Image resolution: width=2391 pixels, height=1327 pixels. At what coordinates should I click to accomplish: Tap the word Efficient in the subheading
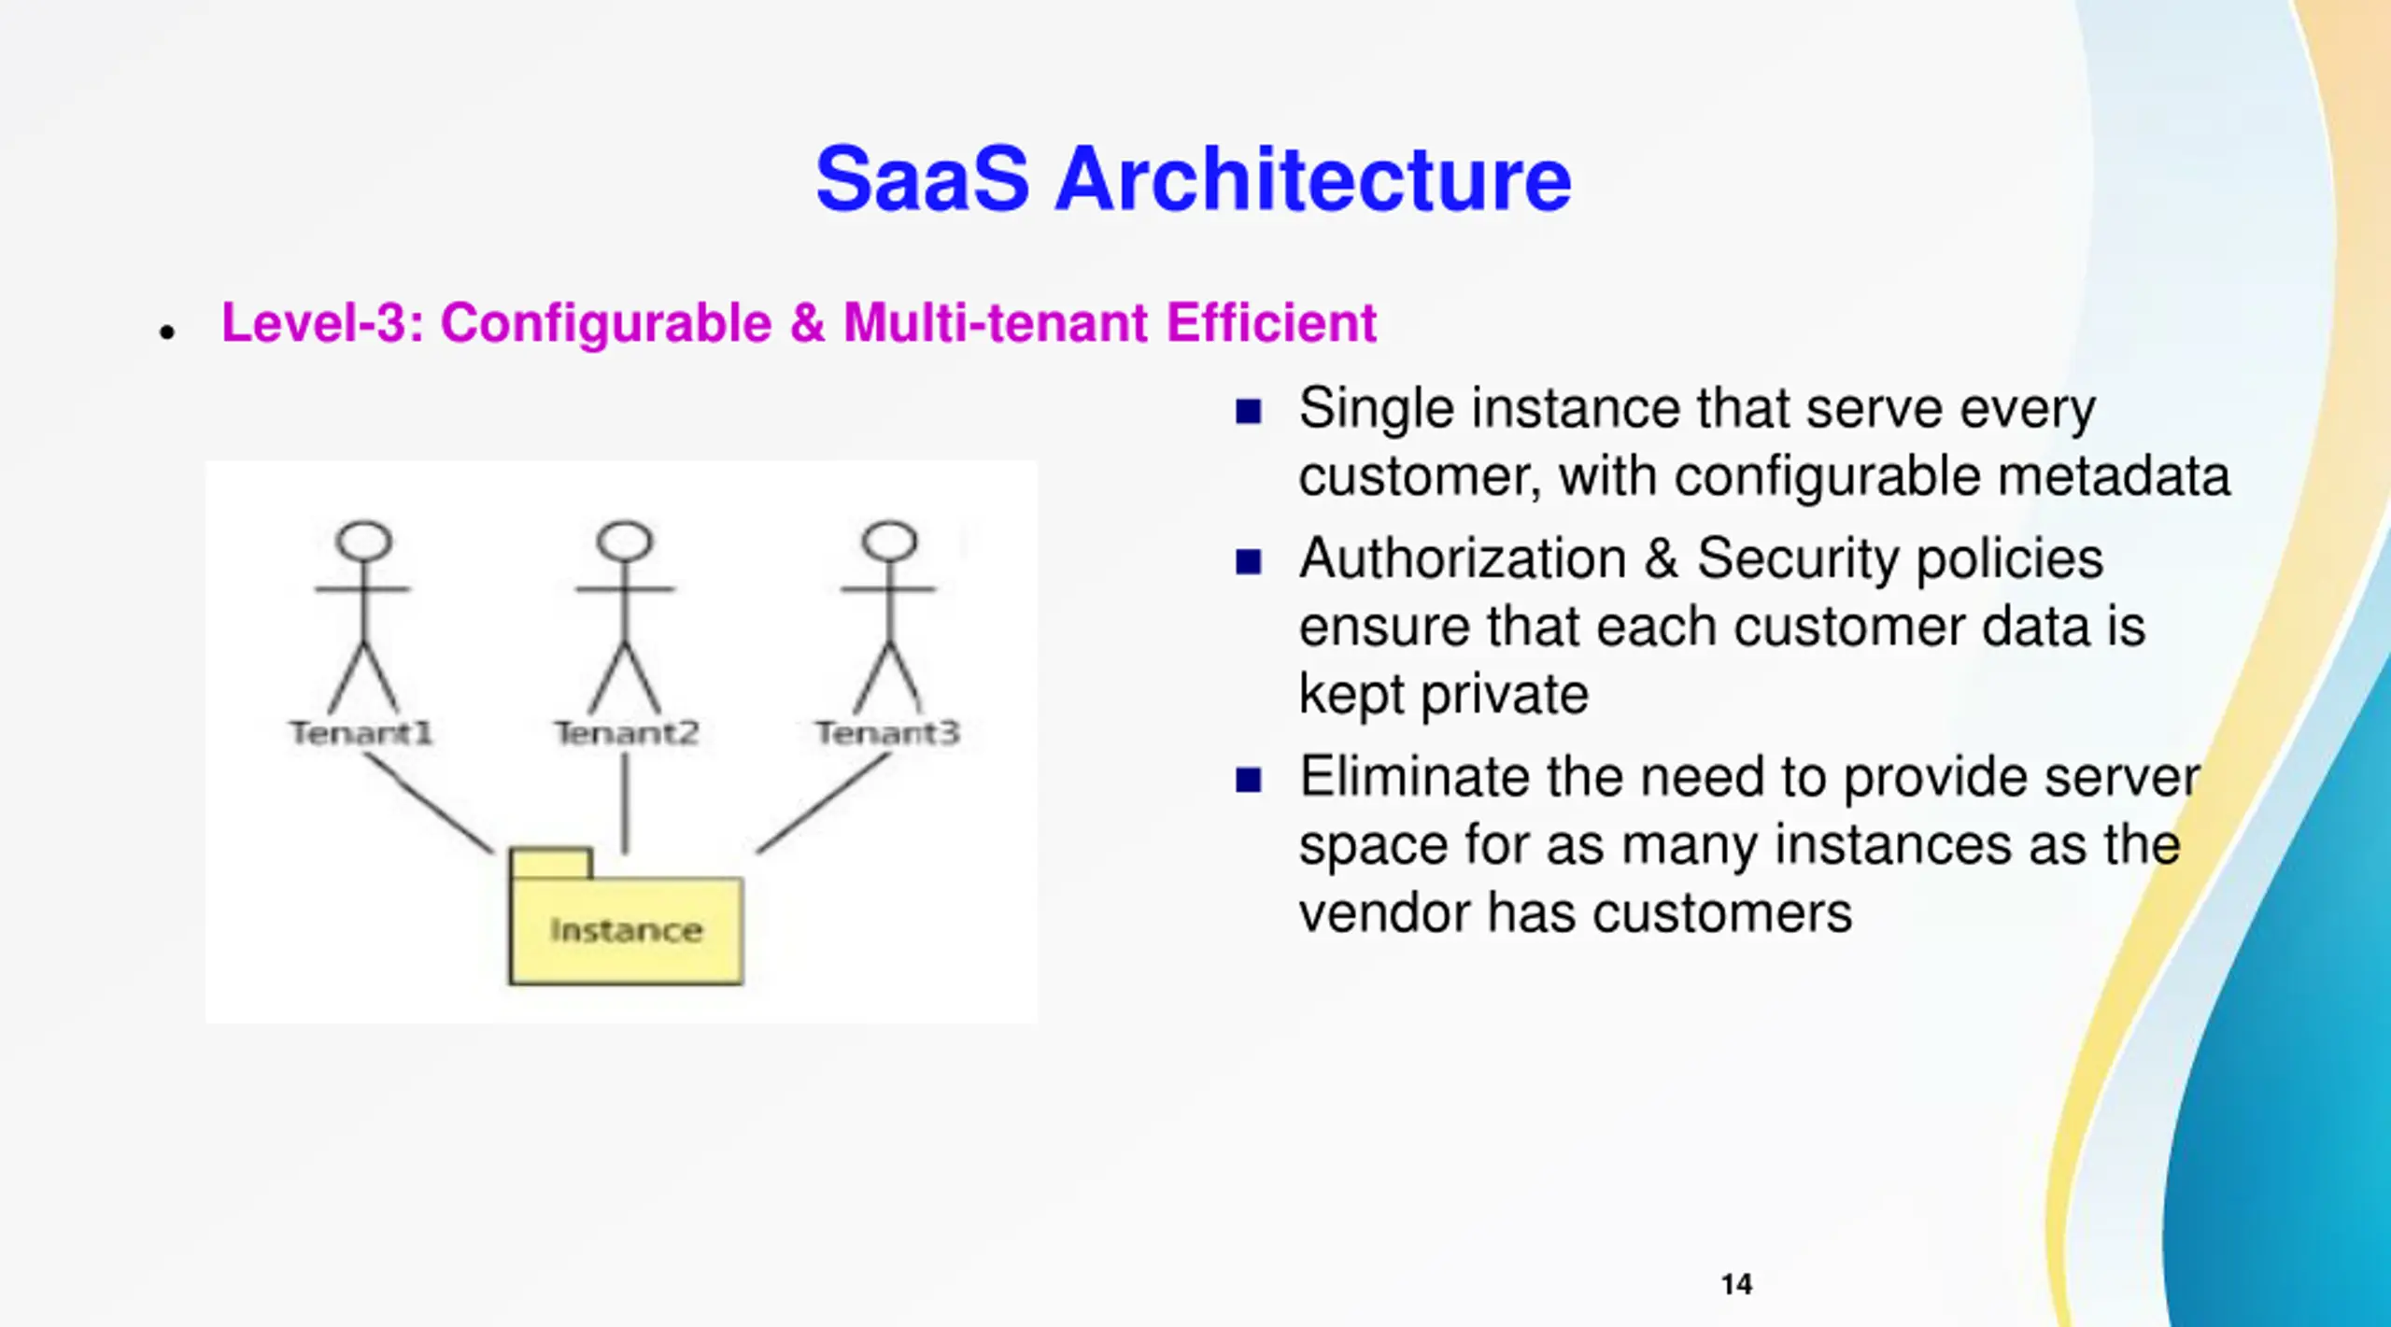click(x=1271, y=323)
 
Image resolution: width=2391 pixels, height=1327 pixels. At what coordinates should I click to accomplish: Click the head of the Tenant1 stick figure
click(x=364, y=541)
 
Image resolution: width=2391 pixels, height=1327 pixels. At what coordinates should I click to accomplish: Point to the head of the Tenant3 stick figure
click(x=889, y=541)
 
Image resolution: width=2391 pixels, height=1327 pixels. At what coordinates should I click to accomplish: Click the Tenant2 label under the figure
click(x=626, y=733)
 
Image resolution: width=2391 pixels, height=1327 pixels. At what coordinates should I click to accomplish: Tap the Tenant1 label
click(x=361, y=733)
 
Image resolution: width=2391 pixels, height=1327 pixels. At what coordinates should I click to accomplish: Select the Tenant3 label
click(x=887, y=733)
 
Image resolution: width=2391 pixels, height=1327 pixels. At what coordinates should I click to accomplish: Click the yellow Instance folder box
click(x=626, y=929)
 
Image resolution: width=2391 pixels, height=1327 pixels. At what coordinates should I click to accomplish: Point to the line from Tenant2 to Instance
click(x=625, y=803)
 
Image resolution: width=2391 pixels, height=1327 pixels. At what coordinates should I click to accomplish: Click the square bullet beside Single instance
click(x=1248, y=411)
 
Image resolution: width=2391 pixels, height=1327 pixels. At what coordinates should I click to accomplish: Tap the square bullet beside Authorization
click(x=1248, y=561)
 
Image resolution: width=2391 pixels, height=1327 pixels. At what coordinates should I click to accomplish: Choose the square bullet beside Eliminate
click(x=1248, y=779)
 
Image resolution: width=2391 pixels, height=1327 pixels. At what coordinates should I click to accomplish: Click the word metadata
click(x=2113, y=476)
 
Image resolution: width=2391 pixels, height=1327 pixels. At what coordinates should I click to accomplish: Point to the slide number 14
click(x=1736, y=1284)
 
